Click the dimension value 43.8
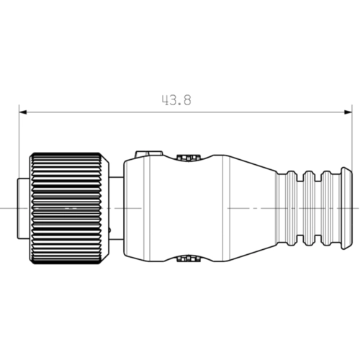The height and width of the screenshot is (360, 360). tap(176, 100)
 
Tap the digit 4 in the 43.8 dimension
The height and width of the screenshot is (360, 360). tap(165, 100)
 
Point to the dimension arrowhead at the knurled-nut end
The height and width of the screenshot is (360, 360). tap(23, 112)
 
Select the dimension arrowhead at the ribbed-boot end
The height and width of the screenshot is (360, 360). tap(348, 112)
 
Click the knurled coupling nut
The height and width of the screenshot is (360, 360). tap(69, 208)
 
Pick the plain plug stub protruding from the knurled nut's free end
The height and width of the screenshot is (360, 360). tap(23, 208)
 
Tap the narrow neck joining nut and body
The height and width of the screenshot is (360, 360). tap(117, 208)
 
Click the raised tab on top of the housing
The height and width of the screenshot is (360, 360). tap(149, 153)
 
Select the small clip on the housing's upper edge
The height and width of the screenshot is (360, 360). tap(189, 158)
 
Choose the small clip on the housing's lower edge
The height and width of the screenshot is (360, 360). tap(189, 259)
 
